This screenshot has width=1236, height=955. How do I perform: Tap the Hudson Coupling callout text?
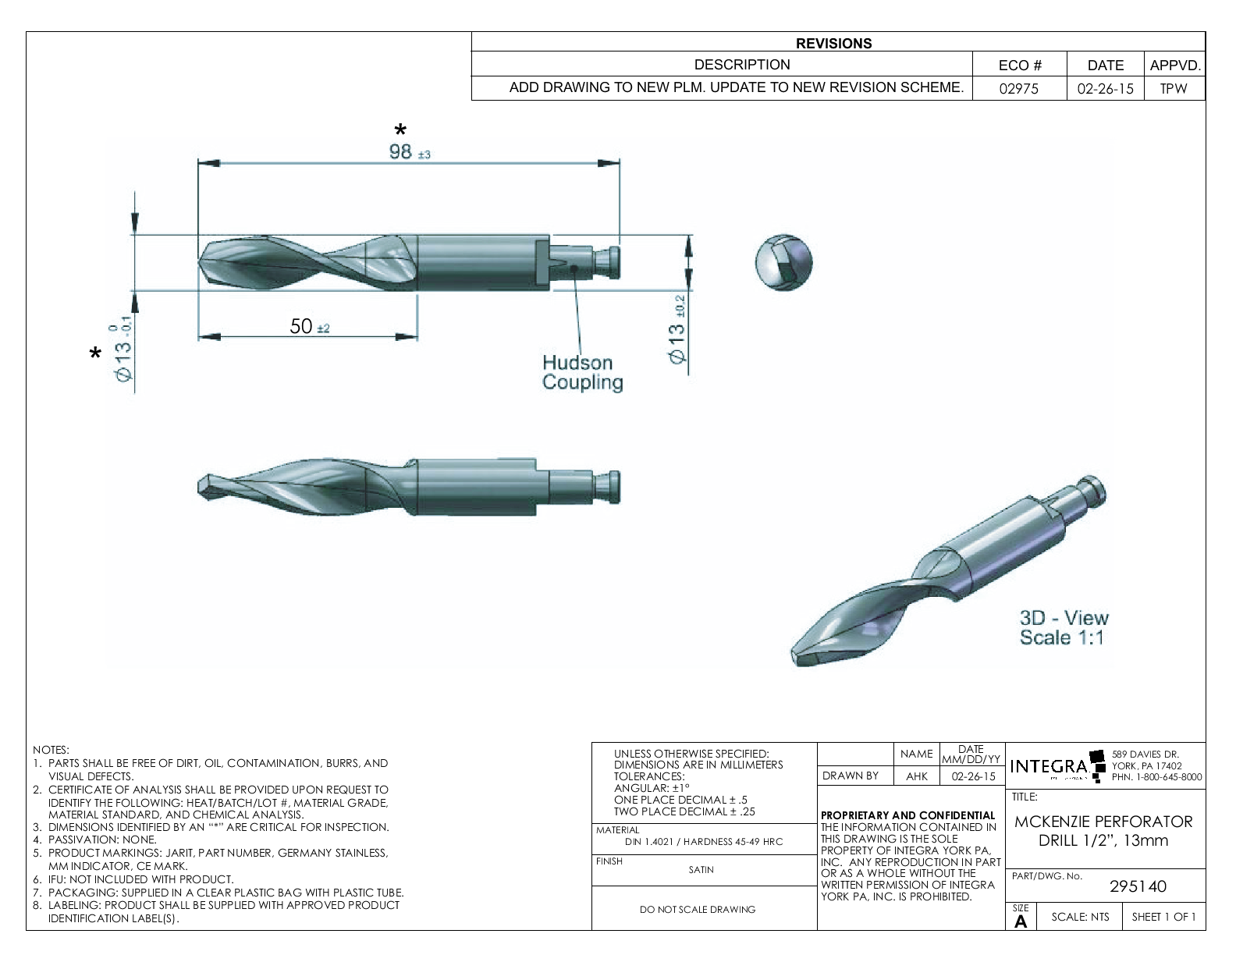(582, 372)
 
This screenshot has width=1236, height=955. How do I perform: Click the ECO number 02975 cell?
(1019, 88)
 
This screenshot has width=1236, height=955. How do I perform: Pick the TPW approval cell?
(1173, 88)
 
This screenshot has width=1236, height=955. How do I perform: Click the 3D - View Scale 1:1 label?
(1064, 627)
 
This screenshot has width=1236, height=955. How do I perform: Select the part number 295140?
(1138, 886)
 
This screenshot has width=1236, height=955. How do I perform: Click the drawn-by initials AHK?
(916, 776)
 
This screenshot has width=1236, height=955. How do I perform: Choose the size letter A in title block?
(1021, 921)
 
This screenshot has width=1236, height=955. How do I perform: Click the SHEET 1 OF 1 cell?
(1163, 917)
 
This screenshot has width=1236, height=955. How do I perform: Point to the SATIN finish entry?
(701, 870)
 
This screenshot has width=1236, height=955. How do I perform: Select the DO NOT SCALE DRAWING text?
(697, 909)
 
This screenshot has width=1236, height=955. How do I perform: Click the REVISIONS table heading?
(833, 44)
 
